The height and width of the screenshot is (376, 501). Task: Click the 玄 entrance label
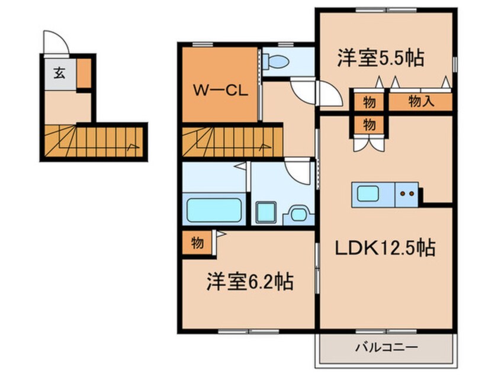59,74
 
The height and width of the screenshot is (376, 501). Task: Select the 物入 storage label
421,101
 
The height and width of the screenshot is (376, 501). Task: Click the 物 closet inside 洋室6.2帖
197,243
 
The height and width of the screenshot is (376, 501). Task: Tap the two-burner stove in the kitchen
406,193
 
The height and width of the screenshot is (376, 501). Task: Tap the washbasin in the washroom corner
298,214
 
